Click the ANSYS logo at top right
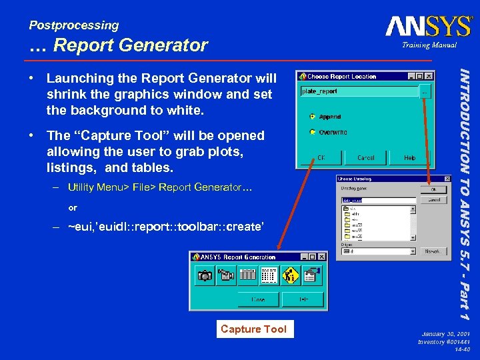429,27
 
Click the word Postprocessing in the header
73,25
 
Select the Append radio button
313,116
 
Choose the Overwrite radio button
313,132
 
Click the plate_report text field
357,91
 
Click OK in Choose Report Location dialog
321,158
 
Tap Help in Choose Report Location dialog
410,158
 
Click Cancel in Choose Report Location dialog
365,158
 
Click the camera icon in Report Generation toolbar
204,275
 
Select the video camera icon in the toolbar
225,275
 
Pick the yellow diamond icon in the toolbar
290,275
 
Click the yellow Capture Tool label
253,329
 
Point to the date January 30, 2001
446,333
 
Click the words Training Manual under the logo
429,45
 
